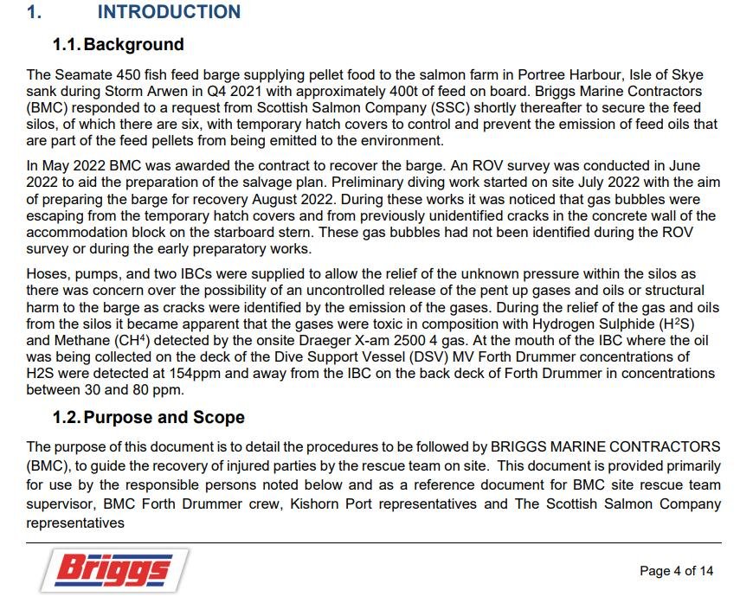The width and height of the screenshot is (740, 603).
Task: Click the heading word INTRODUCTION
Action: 169,12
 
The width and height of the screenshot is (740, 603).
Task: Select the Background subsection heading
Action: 133,44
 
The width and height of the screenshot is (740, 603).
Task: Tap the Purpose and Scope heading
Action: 164,417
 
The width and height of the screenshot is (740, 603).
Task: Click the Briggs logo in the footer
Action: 114,572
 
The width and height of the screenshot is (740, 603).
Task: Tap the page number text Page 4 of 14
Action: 676,571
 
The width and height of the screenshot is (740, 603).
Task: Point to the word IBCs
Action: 164,273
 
